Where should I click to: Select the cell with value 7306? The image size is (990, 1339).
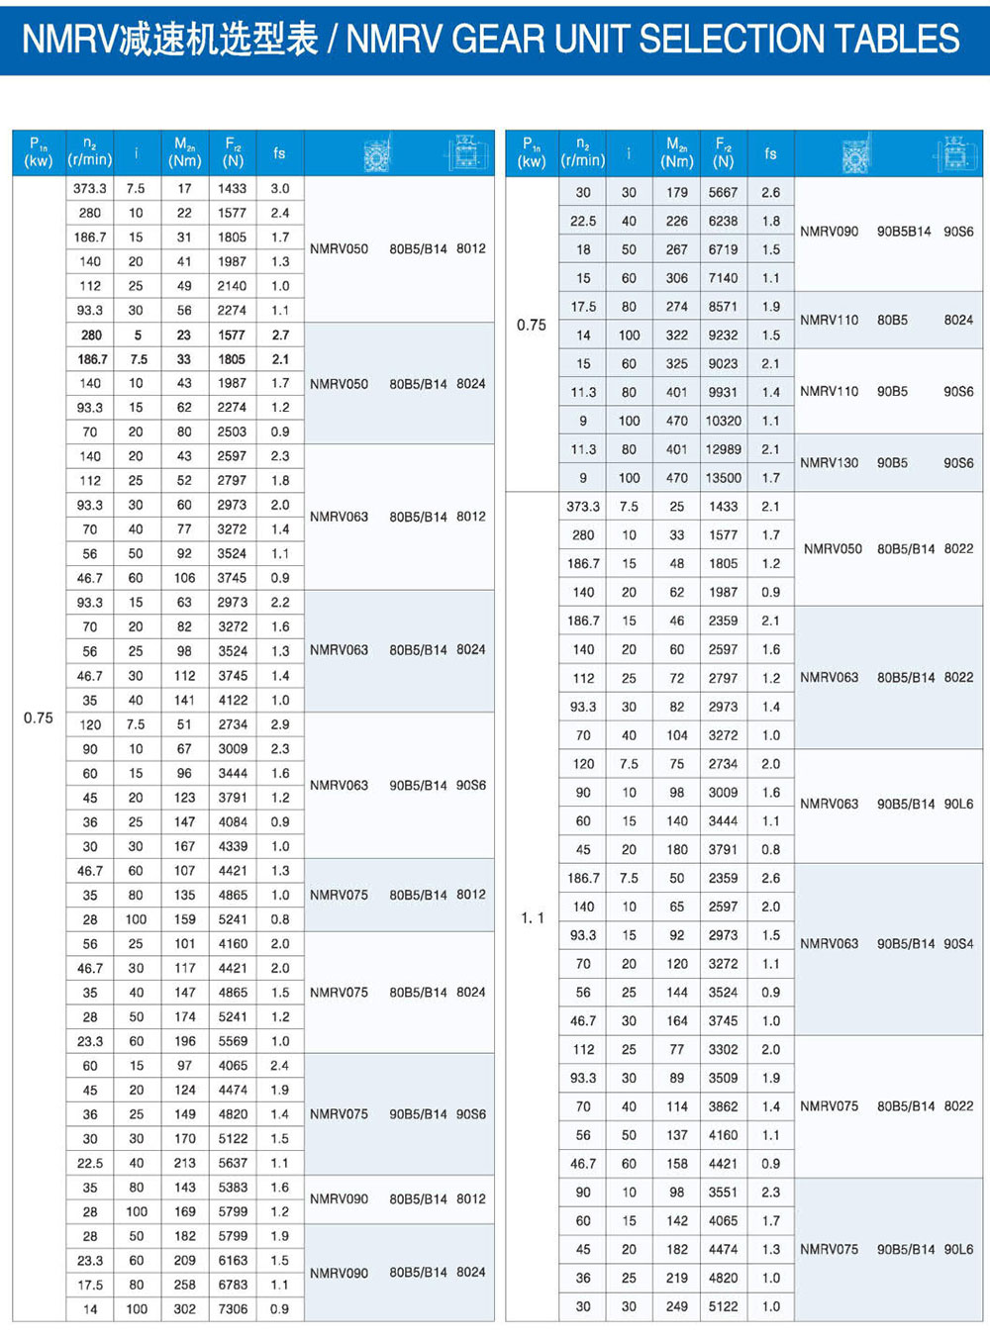(x=233, y=1308)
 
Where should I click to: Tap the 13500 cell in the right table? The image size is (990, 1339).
(x=723, y=477)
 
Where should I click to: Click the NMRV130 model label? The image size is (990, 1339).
(x=830, y=462)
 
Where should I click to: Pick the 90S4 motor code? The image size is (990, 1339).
(x=957, y=943)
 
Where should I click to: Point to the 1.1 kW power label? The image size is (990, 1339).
(x=532, y=917)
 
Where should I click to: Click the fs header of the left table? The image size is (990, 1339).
(x=279, y=153)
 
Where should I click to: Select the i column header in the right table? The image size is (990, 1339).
(x=629, y=153)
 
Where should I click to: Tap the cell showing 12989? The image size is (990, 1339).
(x=723, y=448)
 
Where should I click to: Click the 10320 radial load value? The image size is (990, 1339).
(x=723, y=420)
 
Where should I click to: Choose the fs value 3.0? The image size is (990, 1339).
(x=280, y=188)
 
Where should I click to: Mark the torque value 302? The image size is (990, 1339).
(x=184, y=1308)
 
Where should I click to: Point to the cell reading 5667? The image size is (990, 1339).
(x=723, y=192)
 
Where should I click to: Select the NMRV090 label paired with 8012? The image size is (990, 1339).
(x=339, y=1198)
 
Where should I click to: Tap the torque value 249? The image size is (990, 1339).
(x=677, y=1306)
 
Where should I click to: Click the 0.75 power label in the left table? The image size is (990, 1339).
(x=39, y=717)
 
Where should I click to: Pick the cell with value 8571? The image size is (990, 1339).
(x=723, y=307)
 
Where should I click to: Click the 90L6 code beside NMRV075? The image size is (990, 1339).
(x=957, y=1249)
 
